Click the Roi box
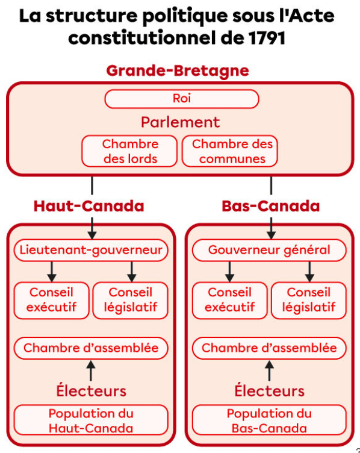(x=182, y=99)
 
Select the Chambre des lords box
(x=129, y=151)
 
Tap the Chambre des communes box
(x=230, y=151)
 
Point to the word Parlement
(x=181, y=122)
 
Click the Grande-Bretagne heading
(x=178, y=71)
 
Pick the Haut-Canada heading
(x=88, y=206)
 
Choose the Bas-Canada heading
(x=271, y=206)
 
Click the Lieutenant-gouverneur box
(x=91, y=250)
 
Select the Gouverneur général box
(x=269, y=250)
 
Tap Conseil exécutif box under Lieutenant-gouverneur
(x=51, y=301)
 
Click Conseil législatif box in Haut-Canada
(x=131, y=301)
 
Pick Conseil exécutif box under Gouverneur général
(x=230, y=301)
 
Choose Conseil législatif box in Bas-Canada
(x=309, y=301)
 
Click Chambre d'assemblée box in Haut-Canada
(x=91, y=348)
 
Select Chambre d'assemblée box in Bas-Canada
(x=269, y=348)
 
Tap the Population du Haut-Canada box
(x=91, y=420)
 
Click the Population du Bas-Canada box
(x=269, y=420)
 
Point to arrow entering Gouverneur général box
(x=271, y=228)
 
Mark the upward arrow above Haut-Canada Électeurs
(x=91, y=370)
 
